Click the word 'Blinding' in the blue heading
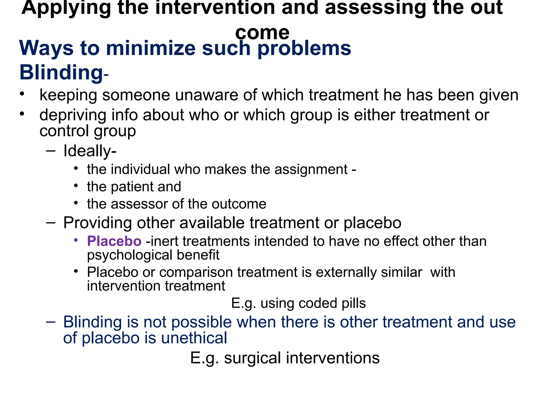click(61, 72)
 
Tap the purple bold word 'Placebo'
click(114, 241)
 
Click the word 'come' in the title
click(262, 33)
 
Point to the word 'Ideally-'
click(90, 151)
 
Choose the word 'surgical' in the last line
click(252, 358)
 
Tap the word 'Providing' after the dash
click(97, 223)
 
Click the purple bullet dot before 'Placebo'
click(76, 240)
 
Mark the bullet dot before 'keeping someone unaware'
click(22, 94)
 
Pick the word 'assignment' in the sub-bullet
click(311, 169)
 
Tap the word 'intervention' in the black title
click(215, 8)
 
